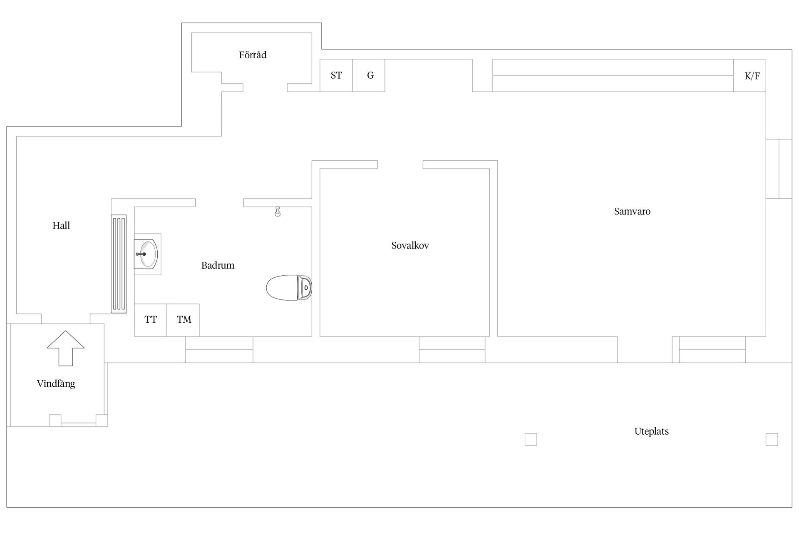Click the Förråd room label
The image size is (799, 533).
[x=253, y=55]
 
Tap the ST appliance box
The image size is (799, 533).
[x=336, y=75]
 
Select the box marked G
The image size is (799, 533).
[x=369, y=75]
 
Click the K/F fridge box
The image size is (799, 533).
[x=750, y=76]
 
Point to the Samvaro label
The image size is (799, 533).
[x=632, y=212]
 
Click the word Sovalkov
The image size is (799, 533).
[x=410, y=246]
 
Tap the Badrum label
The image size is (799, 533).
[x=218, y=266]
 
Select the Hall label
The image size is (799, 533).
[x=61, y=226]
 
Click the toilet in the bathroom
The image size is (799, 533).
[x=288, y=288]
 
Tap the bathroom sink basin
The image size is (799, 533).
[x=148, y=254]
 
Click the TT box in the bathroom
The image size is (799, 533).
[x=151, y=320]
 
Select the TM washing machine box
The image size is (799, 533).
[x=184, y=320]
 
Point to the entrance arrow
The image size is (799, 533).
[x=66, y=348]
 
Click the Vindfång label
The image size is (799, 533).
[x=56, y=384]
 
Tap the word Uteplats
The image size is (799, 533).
[x=651, y=432]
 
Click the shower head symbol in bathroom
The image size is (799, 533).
[x=278, y=212]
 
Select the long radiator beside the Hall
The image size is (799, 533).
[x=119, y=264]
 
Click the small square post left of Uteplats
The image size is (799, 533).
[x=531, y=439]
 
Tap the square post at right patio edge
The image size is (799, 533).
[x=772, y=439]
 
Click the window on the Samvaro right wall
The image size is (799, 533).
[x=779, y=169]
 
